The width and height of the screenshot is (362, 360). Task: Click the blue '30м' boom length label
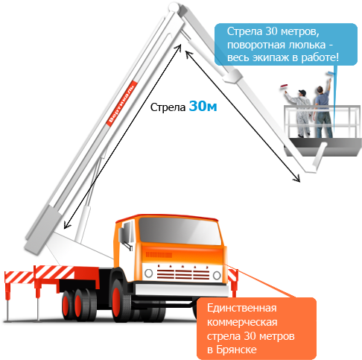pyautogui.click(x=203, y=106)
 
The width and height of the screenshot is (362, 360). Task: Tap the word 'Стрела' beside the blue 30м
pyautogui.click(x=168, y=107)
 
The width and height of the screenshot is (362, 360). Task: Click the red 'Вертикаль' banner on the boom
pyautogui.click(x=122, y=104)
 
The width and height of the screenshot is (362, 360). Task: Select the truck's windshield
pyautogui.click(x=180, y=231)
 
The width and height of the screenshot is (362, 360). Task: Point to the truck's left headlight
pyautogui.click(x=148, y=273)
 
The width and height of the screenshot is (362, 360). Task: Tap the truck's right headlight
pyautogui.click(x=217, y=275)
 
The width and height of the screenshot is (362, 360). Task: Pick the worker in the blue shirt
pyautogui.click(x=323, y=109)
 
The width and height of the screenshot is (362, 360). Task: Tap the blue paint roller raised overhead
pyautogui.click(x=330, y=74)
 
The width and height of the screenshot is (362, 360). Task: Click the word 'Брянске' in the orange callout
pyautogui.click(x=236, y=350)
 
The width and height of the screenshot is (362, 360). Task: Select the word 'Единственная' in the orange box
pyautogui.click(x=241, y=308)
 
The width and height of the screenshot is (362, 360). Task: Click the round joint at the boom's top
pyautogui.click(x=173, y=7)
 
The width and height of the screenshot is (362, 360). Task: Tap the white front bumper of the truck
pyautogui.click(x=182, y=289)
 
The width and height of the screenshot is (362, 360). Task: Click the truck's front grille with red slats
pyautogui.click(x=183, y=273)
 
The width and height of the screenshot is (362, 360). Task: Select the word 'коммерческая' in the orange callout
pyautogui.click(x=242, y=322)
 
